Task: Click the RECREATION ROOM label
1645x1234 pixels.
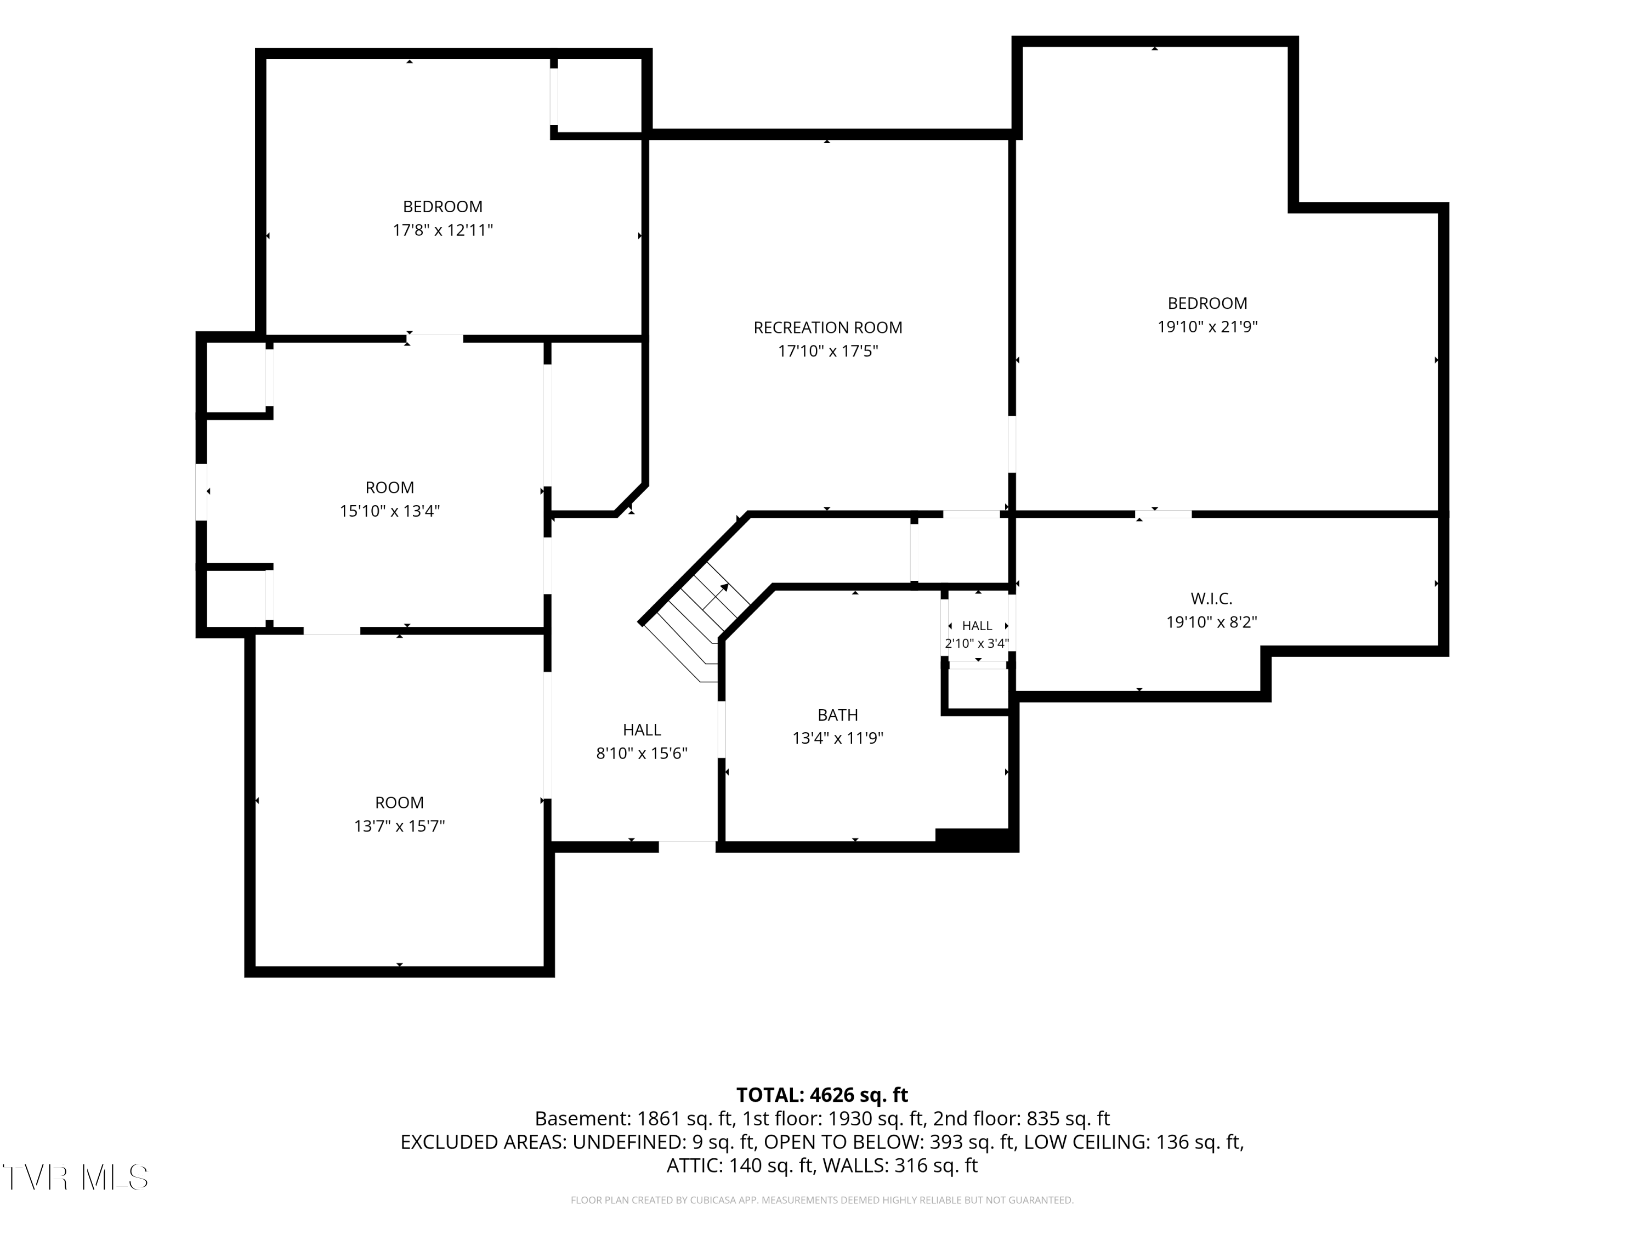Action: (x=827, y=327)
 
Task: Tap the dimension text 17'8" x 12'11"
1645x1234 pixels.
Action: (x=443, y=230)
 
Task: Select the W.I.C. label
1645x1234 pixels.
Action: (x=1211, y=599)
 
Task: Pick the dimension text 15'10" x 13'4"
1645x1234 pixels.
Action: (x=390, y=511)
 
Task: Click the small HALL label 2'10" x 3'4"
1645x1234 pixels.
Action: (x=977, y=635)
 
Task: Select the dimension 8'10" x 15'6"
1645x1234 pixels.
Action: (x=642, y=753)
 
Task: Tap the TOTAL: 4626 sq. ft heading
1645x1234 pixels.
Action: (x=822, y=1095)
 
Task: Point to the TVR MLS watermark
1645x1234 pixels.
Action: (x=75, y=1178)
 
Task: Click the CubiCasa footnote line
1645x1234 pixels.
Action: (x=822, y=1200)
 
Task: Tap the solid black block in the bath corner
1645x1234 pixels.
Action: (x=975, y=838)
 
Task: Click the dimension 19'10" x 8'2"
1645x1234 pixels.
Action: (x=1211, y=622)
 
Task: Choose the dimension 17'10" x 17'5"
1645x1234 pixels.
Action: (x=827, y=351)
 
